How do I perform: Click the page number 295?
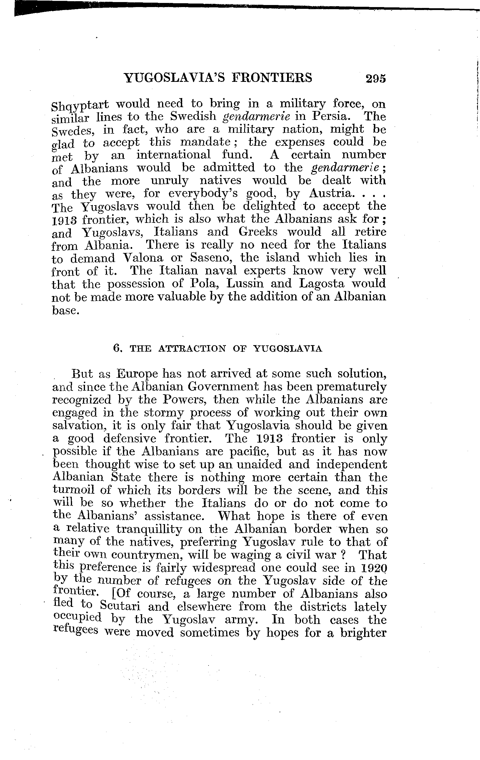point(375,78)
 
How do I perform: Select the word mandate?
point(206,142)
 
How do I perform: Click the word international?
point(173,155)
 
